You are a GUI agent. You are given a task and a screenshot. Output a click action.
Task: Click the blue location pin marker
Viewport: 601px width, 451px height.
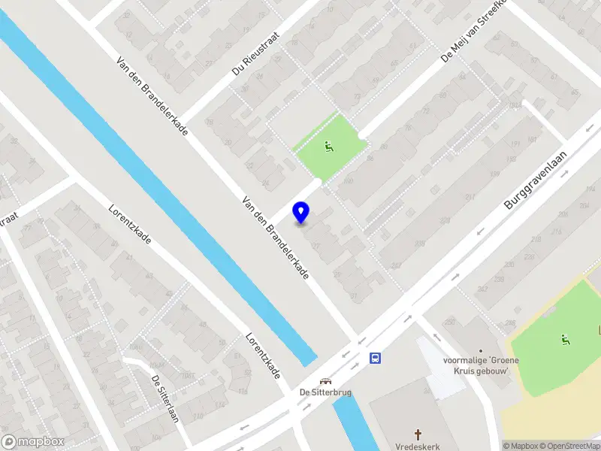pyautogui.click(x=301, y=212)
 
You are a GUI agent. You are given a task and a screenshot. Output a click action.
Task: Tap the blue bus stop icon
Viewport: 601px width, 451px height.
pyautogui.click(x=375, y=359)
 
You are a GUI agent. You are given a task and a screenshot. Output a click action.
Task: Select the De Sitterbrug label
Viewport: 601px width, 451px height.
pyautogui.click(x=325, y=392)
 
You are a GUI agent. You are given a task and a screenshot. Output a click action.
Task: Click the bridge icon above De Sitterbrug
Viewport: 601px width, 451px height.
pyautogui.click(x=325, y=381)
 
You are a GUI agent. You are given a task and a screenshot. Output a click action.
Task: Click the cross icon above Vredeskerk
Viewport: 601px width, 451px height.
pyautogui.click(x=419, y=434)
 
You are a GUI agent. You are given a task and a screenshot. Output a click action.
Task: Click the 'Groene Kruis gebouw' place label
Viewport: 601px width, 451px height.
pyautogui.click(x=486, y=365)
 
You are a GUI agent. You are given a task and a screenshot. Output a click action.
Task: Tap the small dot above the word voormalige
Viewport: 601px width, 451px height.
pyautogui.click(x=481, y=350)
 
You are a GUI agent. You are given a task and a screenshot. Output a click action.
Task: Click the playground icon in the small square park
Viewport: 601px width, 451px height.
pyautogui.click(x=328, y=147)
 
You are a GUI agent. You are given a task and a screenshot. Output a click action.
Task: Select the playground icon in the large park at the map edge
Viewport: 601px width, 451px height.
pyautogui.click(x=563, y=339)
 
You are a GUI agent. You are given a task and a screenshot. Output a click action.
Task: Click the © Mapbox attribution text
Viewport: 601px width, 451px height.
pyautogui.click(x=521, y=446)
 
